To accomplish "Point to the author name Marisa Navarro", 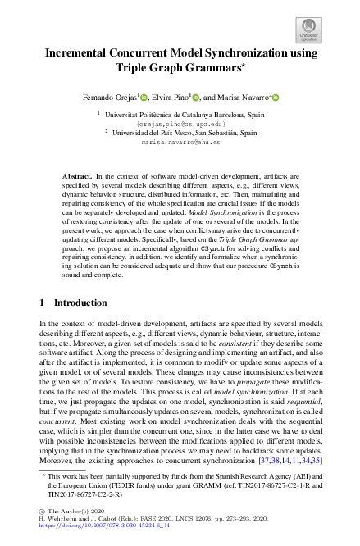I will (x=242, y=98).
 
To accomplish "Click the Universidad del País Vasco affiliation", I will (x=180, y=133).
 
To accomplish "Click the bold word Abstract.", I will (x=77, y=176).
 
